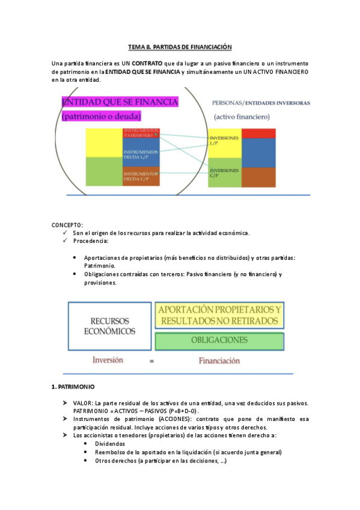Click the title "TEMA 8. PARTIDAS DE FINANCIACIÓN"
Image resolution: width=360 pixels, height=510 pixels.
click(x=180, y=46)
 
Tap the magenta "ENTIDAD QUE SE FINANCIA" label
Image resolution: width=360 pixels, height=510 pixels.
click(x=120, y=102)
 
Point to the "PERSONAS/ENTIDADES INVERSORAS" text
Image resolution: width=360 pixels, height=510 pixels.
click(x=261, y=103)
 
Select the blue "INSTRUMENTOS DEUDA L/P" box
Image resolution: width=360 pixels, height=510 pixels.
click(x=141, y=155)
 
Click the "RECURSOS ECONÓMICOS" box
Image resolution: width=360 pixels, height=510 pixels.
click(x=109, y=327)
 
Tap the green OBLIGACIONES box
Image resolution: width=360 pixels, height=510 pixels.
click(x=219, y=340)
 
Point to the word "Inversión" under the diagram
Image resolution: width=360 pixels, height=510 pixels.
click(x=108, y=360)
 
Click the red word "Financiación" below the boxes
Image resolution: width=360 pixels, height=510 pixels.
click(x=219, y=361)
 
